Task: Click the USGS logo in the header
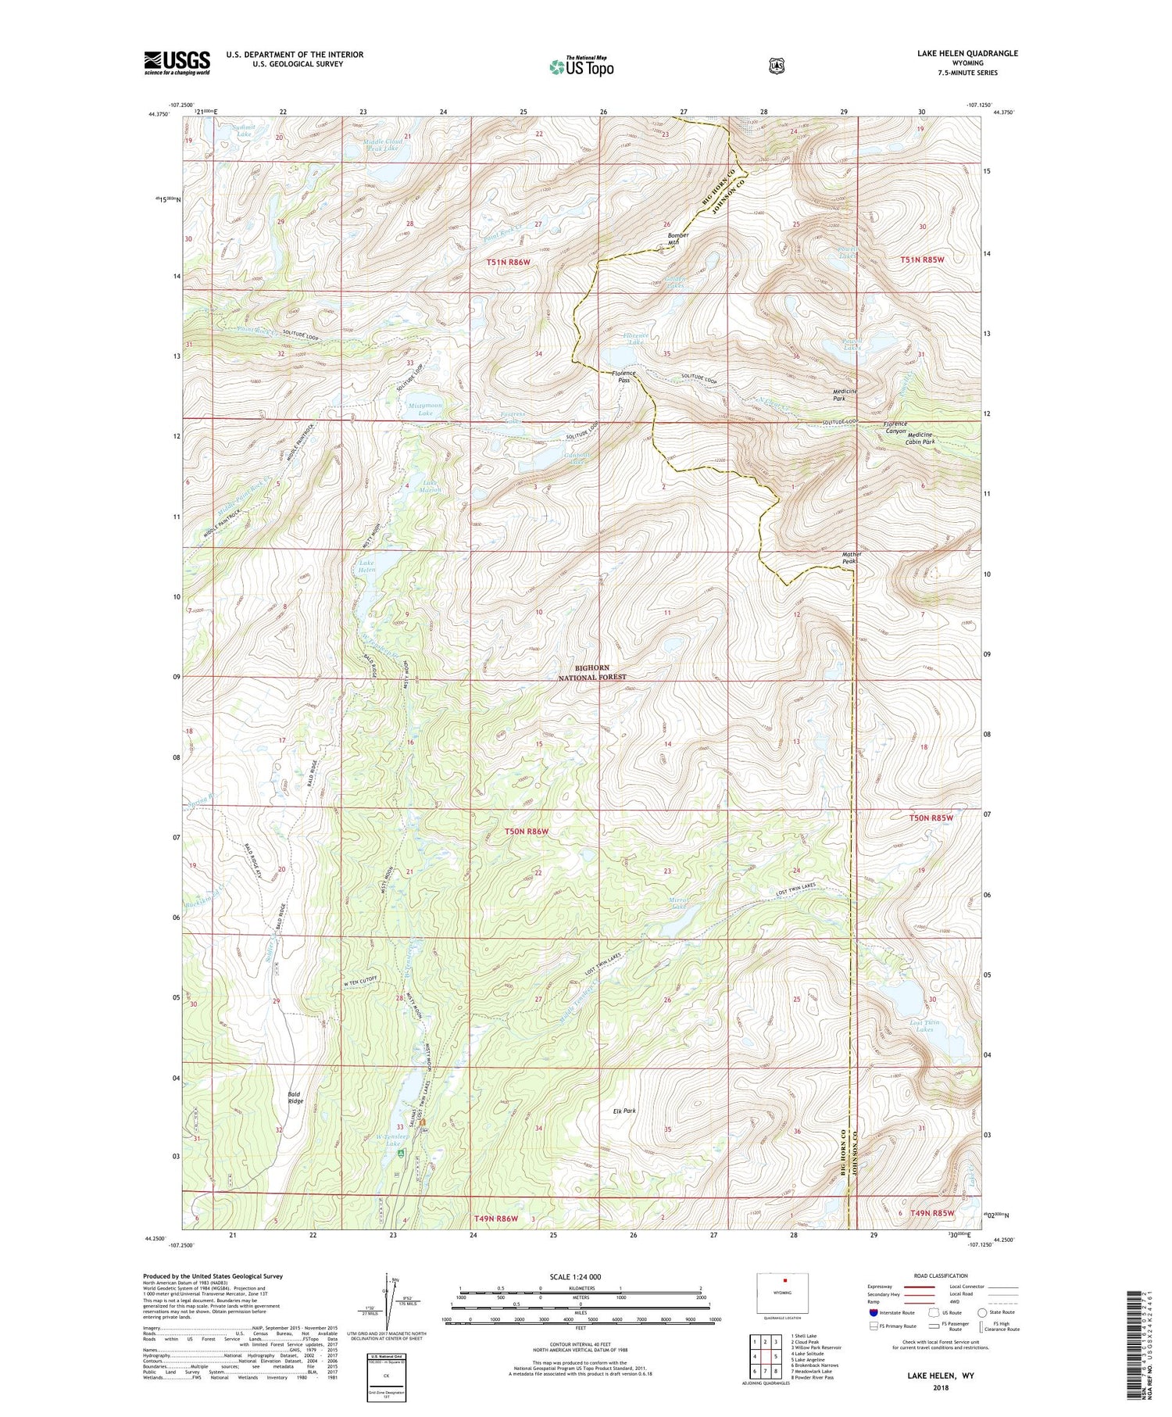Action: pos(177,63)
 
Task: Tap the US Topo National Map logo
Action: pos(581,66)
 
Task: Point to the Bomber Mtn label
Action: pos(677,239)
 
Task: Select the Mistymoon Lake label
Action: pos(420,409)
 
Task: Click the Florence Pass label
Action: pos(624,377)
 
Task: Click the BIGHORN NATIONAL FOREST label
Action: pos(600,673)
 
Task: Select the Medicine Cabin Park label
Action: pos(920,438)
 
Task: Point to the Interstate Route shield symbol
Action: pos(873,1312)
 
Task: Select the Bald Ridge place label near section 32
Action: pos(295,1098)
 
